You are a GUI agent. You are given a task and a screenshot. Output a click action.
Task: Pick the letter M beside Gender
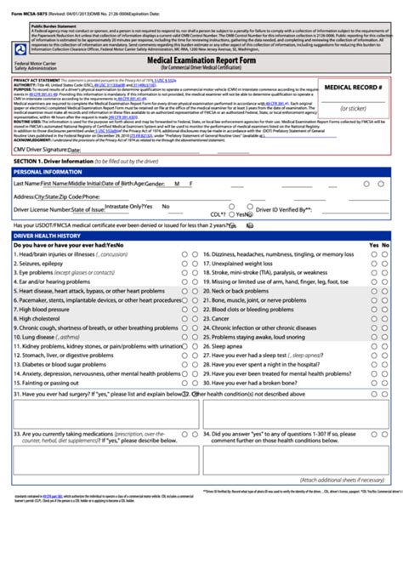(176, 184)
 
